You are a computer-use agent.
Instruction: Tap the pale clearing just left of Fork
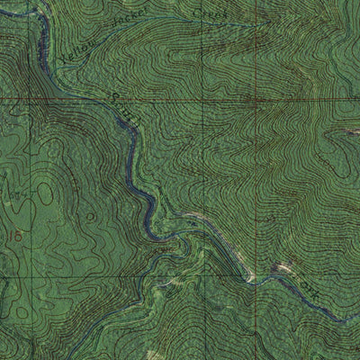pyautogui.click(x=283, y=267)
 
